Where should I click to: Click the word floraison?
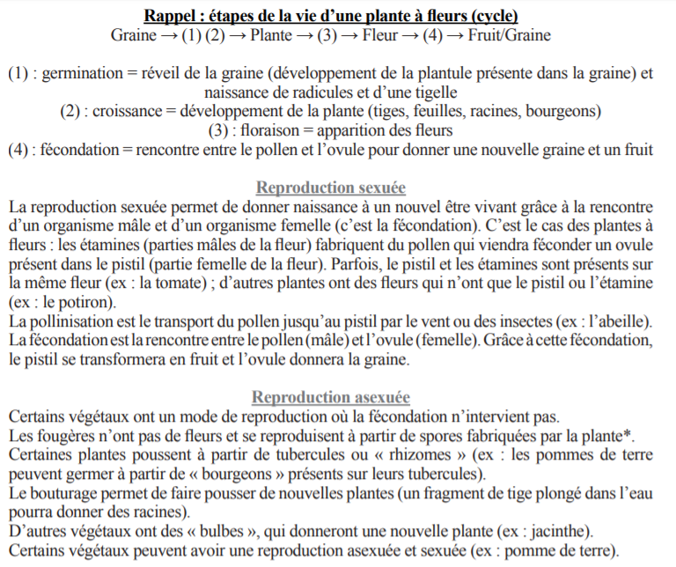[276, 130]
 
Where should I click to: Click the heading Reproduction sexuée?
[330, 188]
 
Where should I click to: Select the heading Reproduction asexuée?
[330, 397]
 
